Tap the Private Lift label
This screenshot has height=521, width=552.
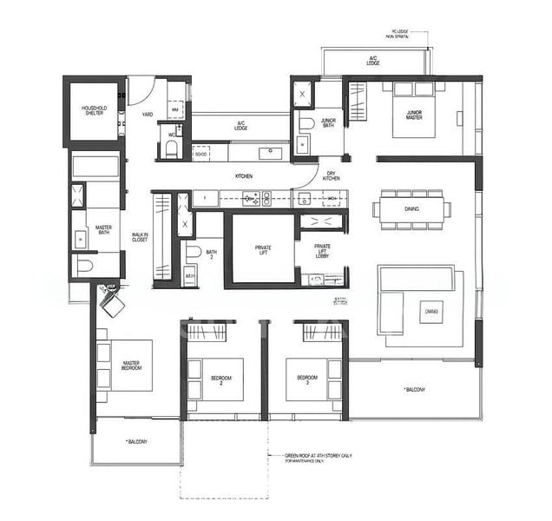tap(263, 249)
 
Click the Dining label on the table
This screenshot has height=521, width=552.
tap(413, 209)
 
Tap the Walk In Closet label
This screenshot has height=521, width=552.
tap(139, 237)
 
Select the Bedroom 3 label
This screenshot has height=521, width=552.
tap(306, 379)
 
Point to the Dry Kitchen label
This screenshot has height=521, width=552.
tap(331, 175)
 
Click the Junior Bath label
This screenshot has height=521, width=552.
tap(328, 123)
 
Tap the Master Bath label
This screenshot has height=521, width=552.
tap(103, 229)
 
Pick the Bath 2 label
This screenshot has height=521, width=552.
tap(210, 253)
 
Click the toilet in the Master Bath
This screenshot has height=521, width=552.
tap(85, 267)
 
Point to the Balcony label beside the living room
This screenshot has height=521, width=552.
tap(414, 390)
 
